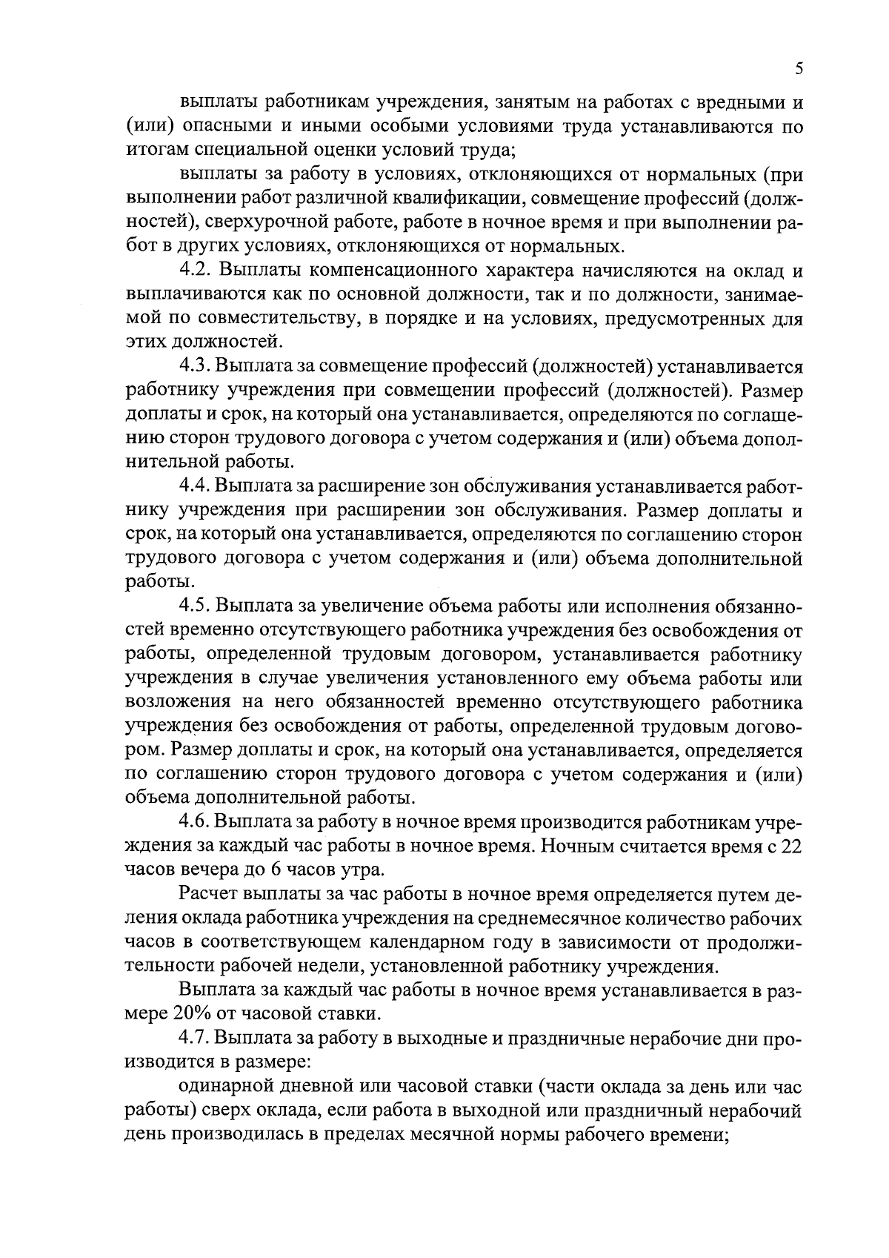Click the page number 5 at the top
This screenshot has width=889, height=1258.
(x=799, y=69)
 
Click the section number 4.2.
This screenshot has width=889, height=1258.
(x=196, y=271)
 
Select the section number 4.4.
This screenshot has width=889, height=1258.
(x=196, y=487)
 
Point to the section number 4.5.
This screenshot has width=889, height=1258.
(x=196, y=606)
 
